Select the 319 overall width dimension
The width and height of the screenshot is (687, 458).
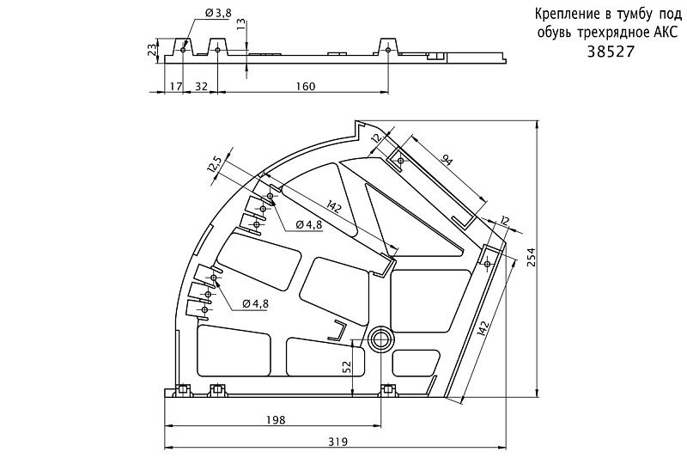tap(337, 442)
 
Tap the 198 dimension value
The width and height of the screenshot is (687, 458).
tap(275, 419)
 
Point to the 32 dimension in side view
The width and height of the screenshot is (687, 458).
tap(201, 86)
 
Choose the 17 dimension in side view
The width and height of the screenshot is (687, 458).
tap(174, 86)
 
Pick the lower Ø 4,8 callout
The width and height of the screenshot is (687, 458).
tap(255, 303)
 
